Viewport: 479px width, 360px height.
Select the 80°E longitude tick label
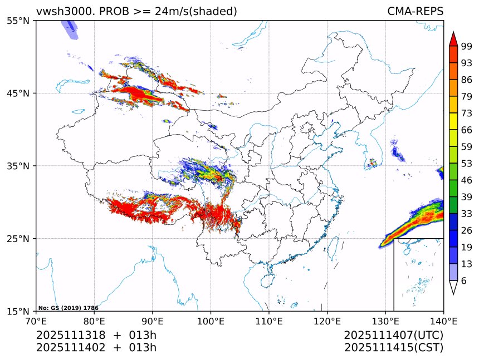(x=94, y=321)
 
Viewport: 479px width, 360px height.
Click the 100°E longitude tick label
(x=211, y=321)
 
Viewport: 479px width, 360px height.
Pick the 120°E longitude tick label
(x=327, y=321)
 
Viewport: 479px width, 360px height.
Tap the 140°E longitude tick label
(x=443, y=321)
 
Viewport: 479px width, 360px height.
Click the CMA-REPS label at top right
(x=415, y=12)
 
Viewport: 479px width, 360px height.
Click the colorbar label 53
(x=467, y=164)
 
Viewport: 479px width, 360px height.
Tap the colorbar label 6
(x=463, y=281)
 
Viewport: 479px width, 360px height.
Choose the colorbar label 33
(x=467, y=214)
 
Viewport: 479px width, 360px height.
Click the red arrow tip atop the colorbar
(x=453, y=38)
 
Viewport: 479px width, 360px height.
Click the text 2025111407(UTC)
(x=393, y=336)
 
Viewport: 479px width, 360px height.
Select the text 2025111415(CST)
(x=393, y=348)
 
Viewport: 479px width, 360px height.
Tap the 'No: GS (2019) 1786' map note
(x=68, y=308)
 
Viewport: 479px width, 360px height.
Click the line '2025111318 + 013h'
(x=96, y=336)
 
